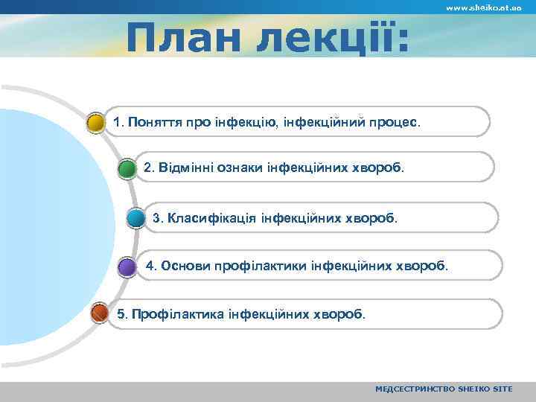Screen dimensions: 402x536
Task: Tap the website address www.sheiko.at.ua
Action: [x=483, y=7]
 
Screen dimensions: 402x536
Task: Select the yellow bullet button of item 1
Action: [x=95, y=122]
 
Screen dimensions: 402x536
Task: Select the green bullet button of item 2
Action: [x=127, y=168]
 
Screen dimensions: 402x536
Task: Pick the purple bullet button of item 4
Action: [x=127, y=267]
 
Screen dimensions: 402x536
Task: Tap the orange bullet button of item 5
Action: [x=99, y=314]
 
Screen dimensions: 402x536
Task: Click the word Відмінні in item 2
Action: [x=185, y=167]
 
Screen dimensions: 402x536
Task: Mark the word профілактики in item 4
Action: [x=262, y=265]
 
